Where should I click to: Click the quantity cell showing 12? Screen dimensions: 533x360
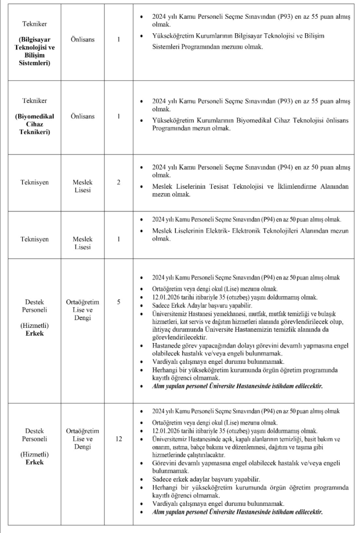[x=119, y=439]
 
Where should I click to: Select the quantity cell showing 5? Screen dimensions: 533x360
[x=119, y=302]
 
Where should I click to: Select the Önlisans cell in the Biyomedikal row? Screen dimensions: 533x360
[x=83, y=116]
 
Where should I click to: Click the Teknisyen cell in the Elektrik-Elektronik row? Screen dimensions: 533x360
[x=35, y=239]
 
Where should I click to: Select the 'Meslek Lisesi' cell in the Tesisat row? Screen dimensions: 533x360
[x=83, y=186]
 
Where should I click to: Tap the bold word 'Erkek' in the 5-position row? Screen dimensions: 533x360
[x=35, y=333]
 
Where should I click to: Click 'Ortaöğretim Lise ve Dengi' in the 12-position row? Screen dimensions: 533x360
[x=83, y=439]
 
